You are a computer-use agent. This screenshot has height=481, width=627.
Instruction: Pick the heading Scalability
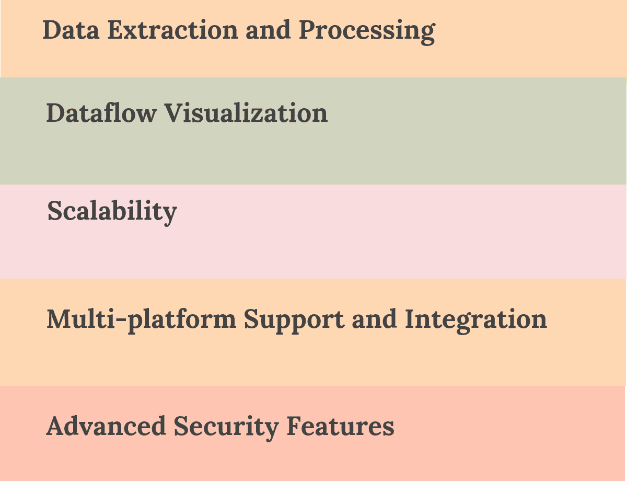pyautogui.click(x=112, y=212)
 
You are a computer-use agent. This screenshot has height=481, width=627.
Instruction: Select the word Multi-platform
pyautogui.click(x=141, y=319)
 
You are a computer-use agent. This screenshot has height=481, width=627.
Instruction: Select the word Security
pyautogui.click(x=226, y=427)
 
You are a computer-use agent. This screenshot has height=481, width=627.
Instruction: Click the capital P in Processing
pyautogui.click(x=308, y=30)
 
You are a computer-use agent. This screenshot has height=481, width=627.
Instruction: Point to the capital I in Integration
pyautogui.click(x=410, y=319)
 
